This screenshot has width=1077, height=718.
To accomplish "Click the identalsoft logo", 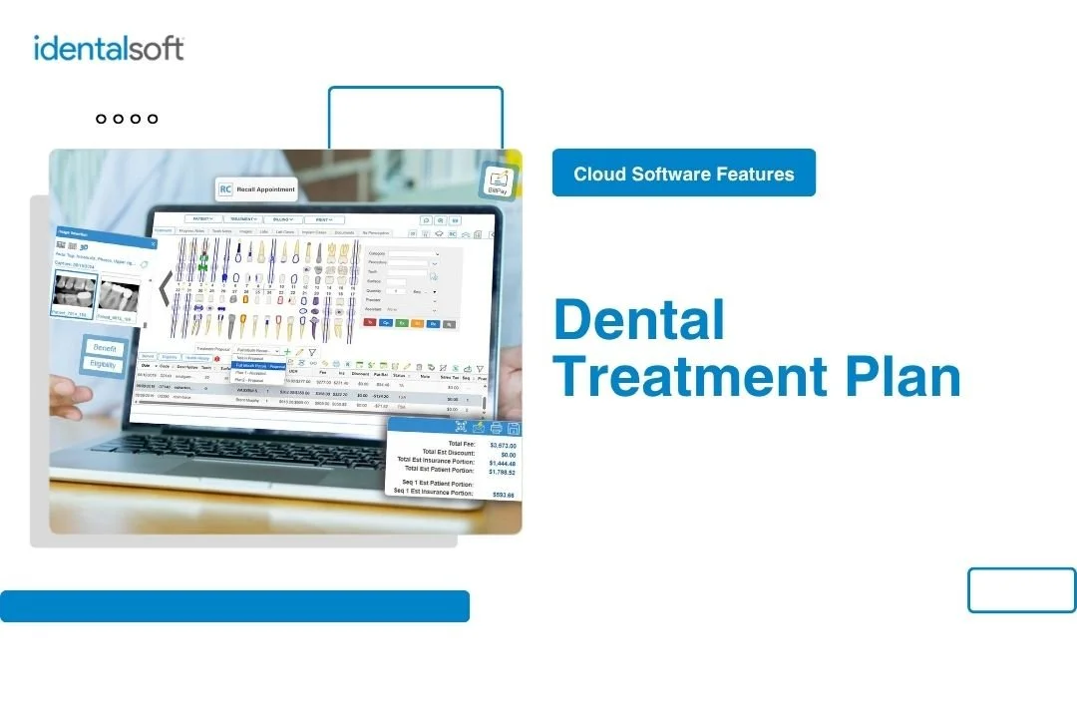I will (109, 48).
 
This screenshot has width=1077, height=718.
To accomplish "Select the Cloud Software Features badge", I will (684, 174).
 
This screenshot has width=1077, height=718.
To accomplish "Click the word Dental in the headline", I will (639, 320).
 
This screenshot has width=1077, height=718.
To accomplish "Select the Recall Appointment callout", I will (256, 189).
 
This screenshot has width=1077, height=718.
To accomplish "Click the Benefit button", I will (104, 348).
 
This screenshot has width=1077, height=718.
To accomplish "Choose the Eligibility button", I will (104, 365).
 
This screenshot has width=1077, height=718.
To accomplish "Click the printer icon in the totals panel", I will (496, 429).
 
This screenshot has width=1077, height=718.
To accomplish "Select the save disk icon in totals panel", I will (513, 429).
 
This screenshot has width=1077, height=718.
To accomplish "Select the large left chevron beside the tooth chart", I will (164, 288).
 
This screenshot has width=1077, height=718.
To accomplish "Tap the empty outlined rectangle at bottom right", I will (1021, 589).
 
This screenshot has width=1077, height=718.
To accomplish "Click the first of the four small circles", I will (102, 119).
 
